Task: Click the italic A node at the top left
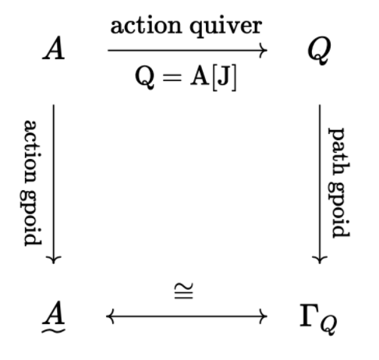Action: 54,48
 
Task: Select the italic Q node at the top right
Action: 319,51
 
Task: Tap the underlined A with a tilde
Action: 54,317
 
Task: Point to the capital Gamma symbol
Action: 310,316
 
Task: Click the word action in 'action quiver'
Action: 146,26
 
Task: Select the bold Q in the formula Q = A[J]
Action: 144,77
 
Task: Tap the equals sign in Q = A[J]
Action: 172,78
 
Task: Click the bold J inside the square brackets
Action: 224,77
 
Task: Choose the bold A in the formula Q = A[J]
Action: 200,76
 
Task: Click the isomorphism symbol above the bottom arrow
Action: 184,291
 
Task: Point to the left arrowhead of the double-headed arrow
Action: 110,316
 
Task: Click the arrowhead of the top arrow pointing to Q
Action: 264,51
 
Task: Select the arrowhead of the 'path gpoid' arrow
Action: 320,259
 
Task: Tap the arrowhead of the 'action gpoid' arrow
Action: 54,259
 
